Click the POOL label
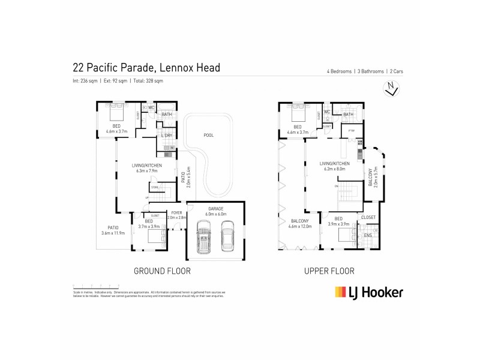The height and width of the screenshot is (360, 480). click(x=209, y=136)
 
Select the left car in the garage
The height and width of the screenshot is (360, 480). click(x=205, y=238)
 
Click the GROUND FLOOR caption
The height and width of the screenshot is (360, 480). click(x=162, y=271)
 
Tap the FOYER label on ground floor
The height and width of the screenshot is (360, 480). click(x=177, y=213)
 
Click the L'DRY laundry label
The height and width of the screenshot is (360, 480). click(x=167, y=136)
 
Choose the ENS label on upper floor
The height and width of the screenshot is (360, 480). click(x=368, y=235)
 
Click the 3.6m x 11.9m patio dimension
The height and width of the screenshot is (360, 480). click(x=112, y=233)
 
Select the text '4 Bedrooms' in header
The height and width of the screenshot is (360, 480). click(x=335, y=71)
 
